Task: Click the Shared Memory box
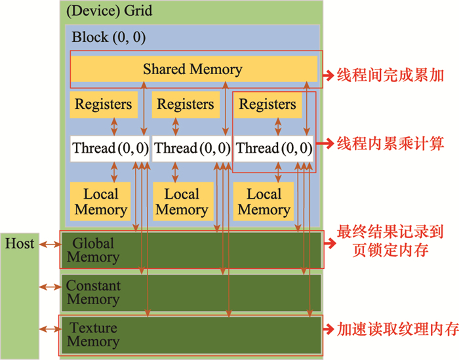click(193, 69)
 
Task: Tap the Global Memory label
click(92, 250)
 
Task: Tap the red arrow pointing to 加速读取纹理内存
click(329, 329)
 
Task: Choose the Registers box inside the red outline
click(267, 104)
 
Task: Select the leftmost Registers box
click(103, 104)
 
